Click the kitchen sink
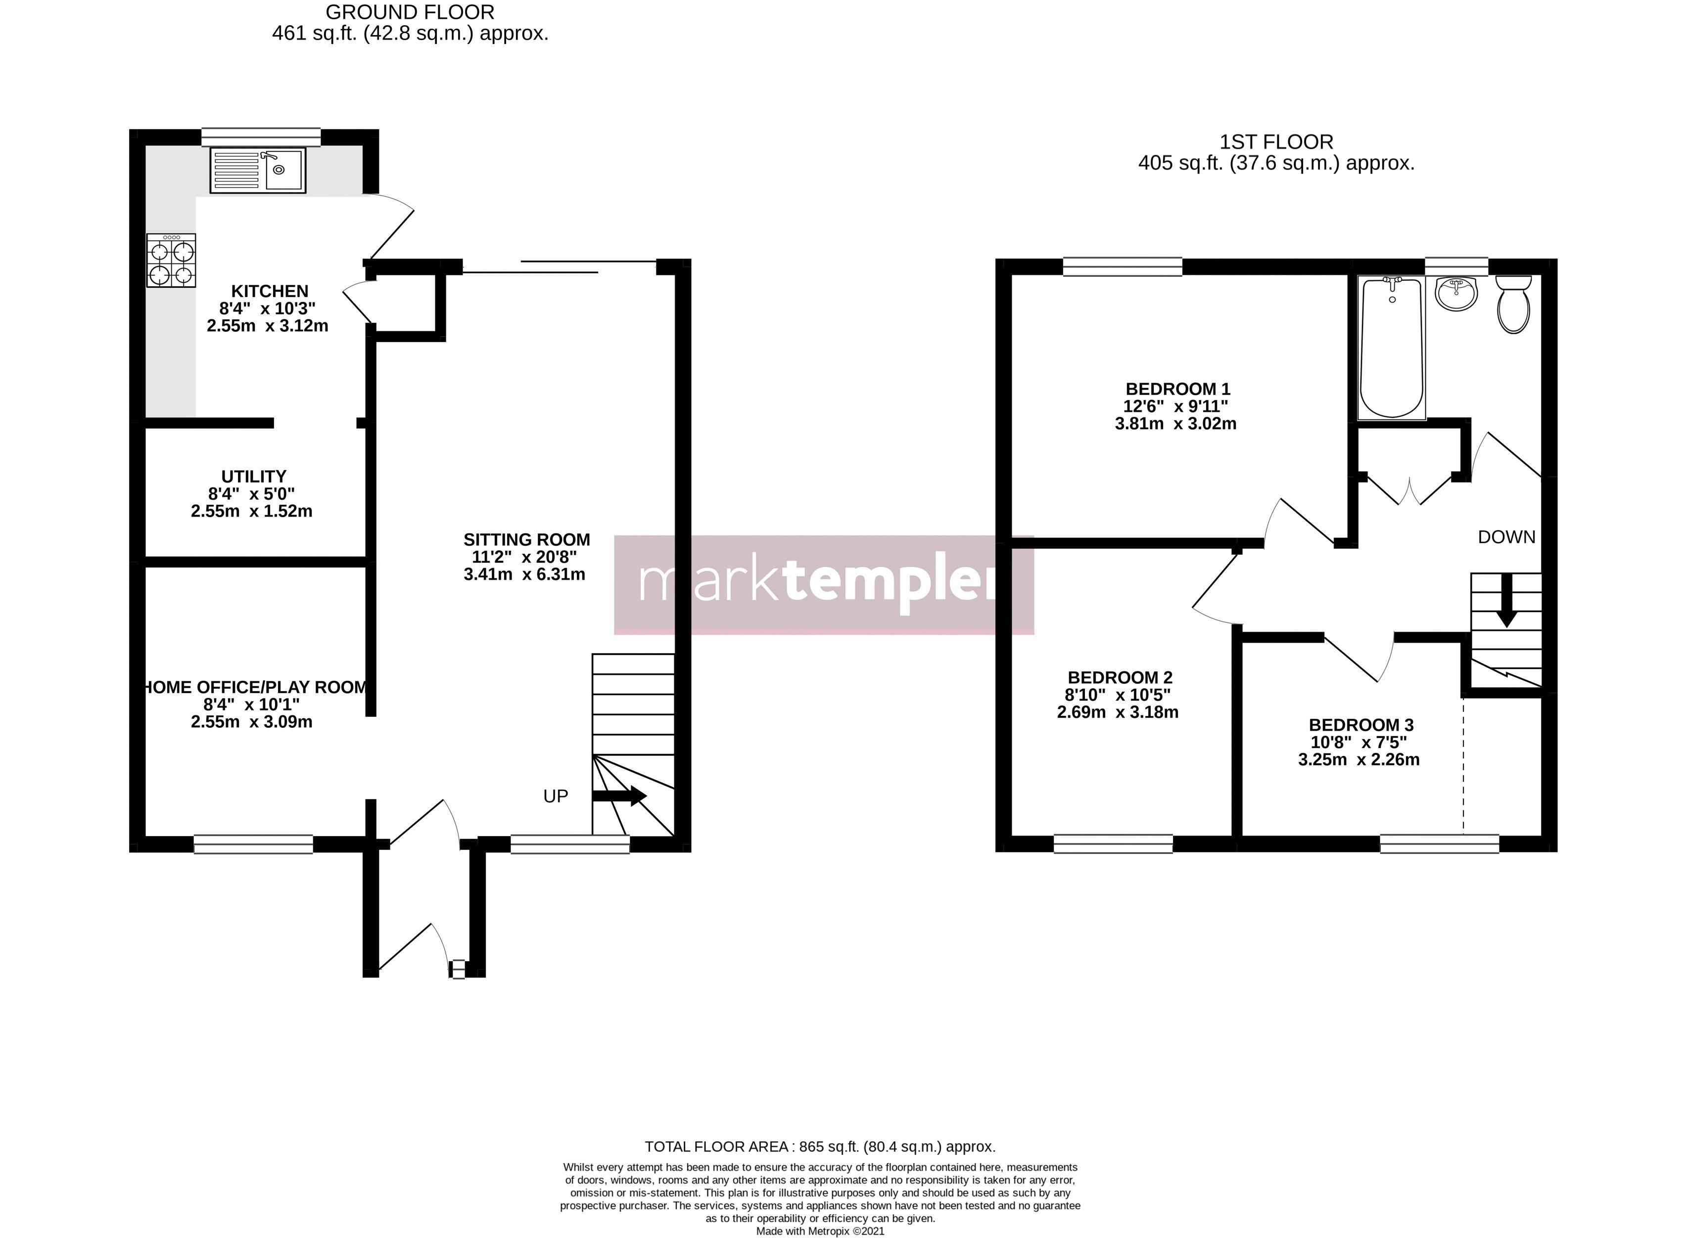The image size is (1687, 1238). (x=257, y=170)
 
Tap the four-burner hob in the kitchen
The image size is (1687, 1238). (x=171, y=260)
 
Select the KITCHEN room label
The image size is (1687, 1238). (x=269, y=291)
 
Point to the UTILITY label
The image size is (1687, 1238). (x=253, y=477)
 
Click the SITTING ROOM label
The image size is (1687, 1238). (x=526, y=539)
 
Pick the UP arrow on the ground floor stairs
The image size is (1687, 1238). (x=619, y=796)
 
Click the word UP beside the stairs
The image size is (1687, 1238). (x=556, y=796)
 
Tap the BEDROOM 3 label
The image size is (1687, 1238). (x=1361, y=725)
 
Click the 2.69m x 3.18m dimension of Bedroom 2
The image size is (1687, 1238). (x=1117, y=712)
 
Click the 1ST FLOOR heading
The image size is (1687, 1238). (x=1276, y=141)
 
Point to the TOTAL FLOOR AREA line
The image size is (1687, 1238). (x=820, y=1147)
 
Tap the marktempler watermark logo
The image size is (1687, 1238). (x=823, y=584)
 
